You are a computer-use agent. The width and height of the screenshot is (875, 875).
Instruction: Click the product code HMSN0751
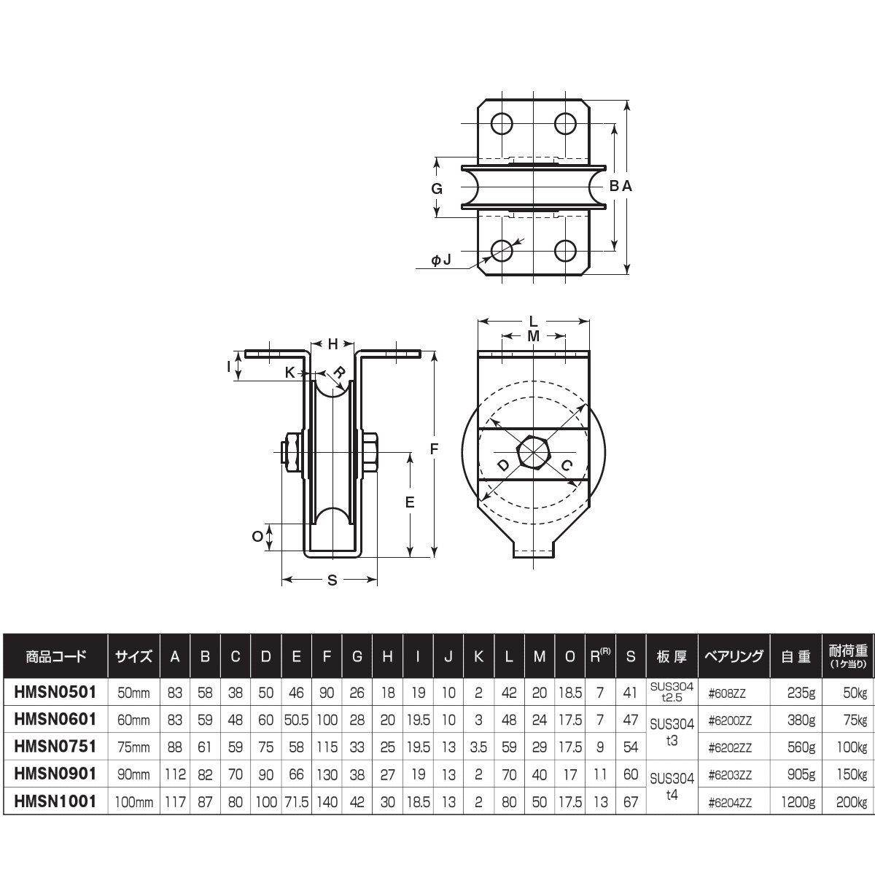tap(55, 746)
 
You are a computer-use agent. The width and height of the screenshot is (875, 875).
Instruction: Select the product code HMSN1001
tap(55, 801)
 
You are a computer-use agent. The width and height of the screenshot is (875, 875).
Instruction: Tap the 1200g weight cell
tap(798, 801)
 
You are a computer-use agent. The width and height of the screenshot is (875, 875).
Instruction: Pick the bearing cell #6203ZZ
tap(730, 774)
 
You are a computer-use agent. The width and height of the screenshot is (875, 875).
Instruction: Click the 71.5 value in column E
tap(297, 801)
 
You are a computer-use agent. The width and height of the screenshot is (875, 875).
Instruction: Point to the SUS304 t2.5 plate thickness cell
tap(672, 692)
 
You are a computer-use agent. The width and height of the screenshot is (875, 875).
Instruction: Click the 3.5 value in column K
tap(478, 747)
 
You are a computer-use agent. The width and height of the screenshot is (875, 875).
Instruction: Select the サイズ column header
tap(133, 656)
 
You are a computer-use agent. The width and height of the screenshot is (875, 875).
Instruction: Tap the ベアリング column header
tap(734, 656)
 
